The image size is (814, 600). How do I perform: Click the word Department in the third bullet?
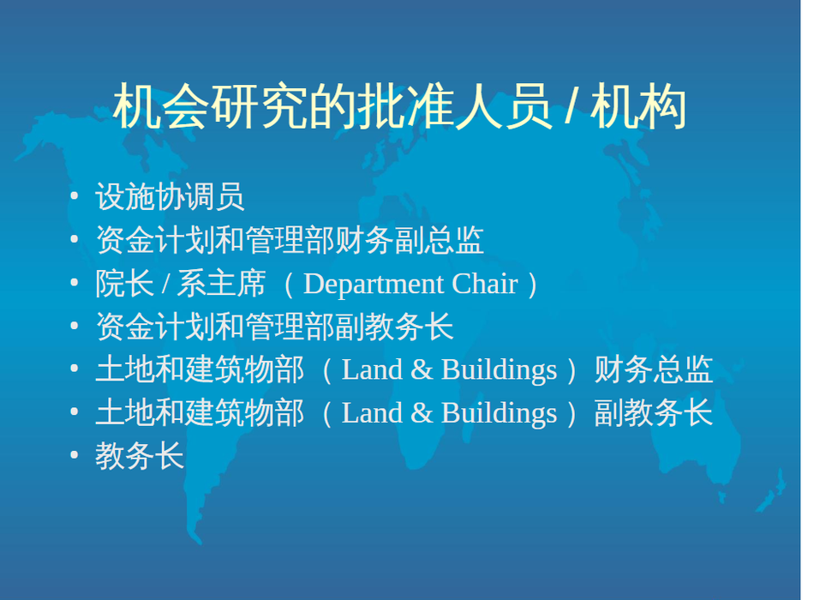point(374,285)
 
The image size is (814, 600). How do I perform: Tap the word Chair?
point(485,284)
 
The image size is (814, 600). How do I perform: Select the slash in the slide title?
point(572,106)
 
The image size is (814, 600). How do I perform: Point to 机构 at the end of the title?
point(638,106)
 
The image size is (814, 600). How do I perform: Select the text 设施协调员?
point(170,197)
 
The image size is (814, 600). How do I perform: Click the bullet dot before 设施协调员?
point(75,196)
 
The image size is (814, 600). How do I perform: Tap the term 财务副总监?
point(410,240)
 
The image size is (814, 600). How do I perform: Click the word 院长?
point(124,284)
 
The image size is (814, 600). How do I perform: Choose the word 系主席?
point(222,284)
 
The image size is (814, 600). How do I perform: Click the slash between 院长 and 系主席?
point(165,285)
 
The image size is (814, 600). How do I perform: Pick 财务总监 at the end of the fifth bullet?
point(654,370)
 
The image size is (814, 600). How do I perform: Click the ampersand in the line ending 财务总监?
point(422,370)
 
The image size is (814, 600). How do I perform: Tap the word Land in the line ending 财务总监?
point(372,370)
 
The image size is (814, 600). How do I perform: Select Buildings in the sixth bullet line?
point(499,414)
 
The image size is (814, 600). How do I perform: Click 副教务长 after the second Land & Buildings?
point(654,413)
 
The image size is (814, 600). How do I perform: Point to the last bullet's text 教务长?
point(140,456)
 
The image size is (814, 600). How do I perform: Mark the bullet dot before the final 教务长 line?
point(75,455)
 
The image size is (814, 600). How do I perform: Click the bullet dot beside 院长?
point(75,283)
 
